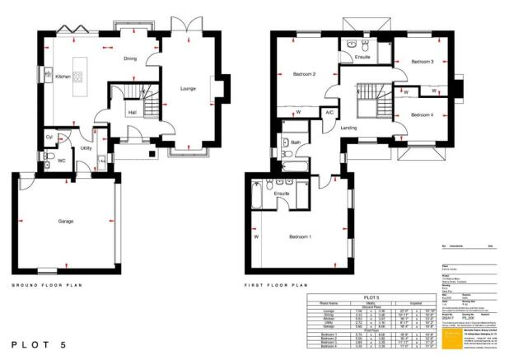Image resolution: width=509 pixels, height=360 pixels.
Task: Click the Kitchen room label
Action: (63, 77)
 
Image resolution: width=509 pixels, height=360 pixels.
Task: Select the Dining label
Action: (130, 59)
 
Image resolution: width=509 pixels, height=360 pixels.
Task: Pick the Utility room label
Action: (86, 148)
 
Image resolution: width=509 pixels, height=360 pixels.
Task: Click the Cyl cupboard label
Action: (49, 137)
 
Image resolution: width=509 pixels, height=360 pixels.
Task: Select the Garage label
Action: (67, 222)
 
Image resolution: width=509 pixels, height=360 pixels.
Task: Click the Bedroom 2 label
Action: (304, 75)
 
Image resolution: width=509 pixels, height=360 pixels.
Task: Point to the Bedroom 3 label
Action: (423, 62)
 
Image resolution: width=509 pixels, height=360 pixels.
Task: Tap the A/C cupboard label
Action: (329, 113)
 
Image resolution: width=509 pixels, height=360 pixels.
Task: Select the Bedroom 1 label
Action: (300, 236)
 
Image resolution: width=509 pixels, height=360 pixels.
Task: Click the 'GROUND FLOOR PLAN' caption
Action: (47, 285)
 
